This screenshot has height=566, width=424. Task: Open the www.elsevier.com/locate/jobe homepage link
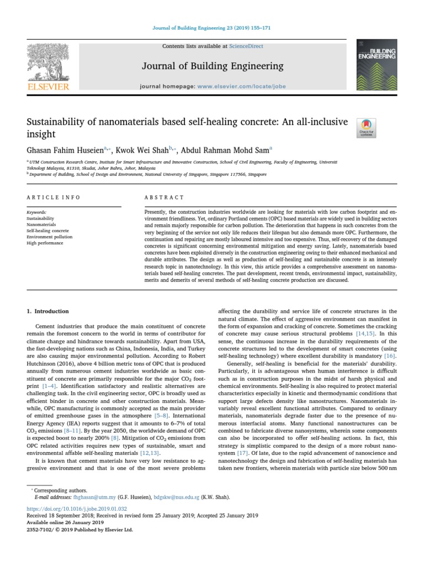coord(241,87)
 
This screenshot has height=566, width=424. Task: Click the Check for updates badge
coord(366,128)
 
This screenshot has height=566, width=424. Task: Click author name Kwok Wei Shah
coord(141,149)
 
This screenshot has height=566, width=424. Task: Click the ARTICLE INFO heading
coord(54,197)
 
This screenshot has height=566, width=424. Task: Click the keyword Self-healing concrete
coord(48,230)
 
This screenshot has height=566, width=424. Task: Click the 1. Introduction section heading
coord(48,311)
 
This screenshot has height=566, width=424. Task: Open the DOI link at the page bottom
coord(77,508)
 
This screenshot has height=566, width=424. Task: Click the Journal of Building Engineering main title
coord(213,66)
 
